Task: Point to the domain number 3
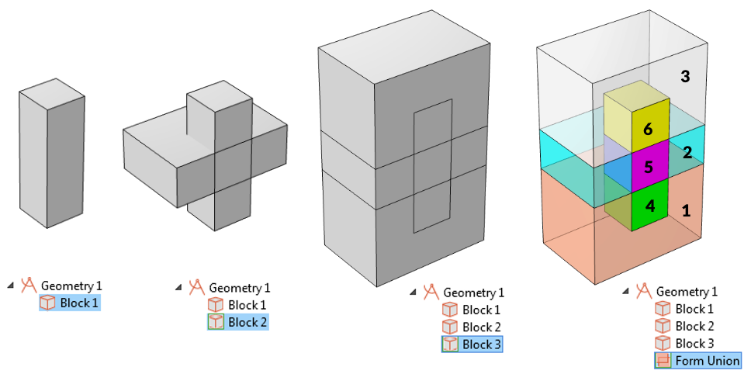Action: [685, 76]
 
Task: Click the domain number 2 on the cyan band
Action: [687, 152]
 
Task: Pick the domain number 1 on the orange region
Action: [686, 210]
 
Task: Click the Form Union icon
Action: [663, 361]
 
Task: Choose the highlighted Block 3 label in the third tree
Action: [482, 345]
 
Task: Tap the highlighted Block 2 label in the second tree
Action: [247, 322]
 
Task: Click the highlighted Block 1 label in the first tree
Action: [79, 303]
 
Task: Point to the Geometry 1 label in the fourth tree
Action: [687, 292]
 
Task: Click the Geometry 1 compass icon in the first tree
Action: [29, 285]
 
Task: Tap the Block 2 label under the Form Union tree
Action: [694, 326]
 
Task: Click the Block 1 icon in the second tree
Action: [215, 305]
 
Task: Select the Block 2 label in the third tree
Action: [482, 327]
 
